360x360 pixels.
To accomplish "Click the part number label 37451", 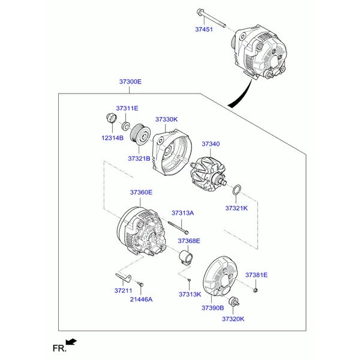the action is [204, 29].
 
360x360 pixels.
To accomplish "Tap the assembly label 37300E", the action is [130, 82].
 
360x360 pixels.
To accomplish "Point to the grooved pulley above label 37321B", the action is [140, 134].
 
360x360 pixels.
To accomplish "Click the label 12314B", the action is [113, 138].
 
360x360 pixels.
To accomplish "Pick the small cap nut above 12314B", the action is [110, 118].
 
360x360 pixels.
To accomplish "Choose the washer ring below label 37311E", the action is [125, 126].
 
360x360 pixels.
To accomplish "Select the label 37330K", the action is [166, 119].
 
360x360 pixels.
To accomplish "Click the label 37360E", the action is [141, 192].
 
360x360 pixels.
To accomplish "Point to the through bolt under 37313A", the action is [178, 227].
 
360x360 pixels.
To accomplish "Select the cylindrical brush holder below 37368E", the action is [186, 258].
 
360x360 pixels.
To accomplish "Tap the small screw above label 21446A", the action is [140, 284].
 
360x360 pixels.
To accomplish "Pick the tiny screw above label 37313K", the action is [189, 280].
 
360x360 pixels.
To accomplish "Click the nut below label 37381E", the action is [256, 290].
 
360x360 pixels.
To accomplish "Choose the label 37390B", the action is [212, 308].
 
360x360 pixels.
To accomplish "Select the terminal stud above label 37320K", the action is [234, 301].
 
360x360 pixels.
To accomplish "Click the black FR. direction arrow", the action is [71, 341].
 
